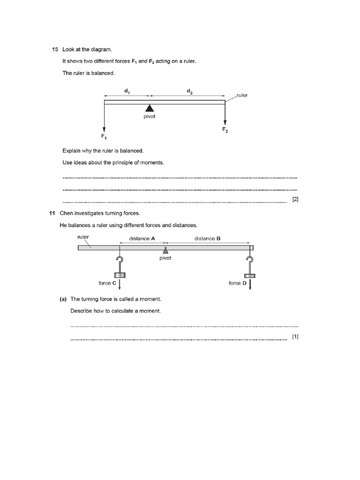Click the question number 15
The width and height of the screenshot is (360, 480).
54,49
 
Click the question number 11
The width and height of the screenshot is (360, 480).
52,213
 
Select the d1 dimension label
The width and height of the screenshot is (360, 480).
127,92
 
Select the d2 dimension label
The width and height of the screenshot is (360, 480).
189,92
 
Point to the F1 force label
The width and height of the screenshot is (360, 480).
104,136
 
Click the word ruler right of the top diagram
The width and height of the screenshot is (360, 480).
242,95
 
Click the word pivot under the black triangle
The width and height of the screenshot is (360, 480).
150,117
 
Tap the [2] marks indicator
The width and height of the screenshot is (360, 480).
295,200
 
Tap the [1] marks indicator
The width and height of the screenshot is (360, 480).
295,337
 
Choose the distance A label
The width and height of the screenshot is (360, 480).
142,239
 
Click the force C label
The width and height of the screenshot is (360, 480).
107,283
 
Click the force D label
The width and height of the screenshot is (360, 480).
238,283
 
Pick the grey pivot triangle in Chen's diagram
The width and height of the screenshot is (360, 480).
165,251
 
